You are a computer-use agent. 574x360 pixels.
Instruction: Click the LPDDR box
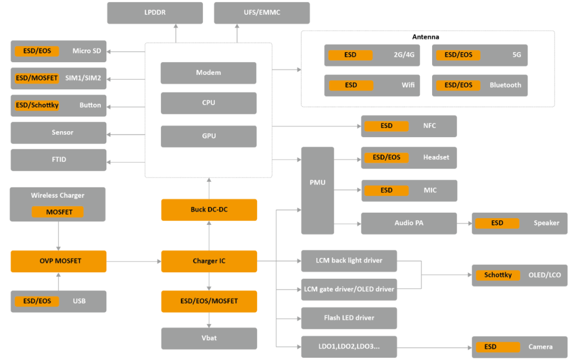point(155,13)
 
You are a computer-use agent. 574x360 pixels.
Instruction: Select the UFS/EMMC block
point(261,13)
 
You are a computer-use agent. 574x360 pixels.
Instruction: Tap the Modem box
point(208,73)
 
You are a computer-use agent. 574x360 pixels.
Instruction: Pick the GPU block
point(209,136)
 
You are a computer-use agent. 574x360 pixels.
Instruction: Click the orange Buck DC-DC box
point(209,210)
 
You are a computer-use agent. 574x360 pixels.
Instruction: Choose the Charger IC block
point(209,261)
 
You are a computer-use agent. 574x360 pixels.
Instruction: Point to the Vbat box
point(209,338)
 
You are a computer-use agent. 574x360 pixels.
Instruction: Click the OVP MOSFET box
point(58,261)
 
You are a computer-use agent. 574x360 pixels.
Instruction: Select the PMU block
point(317,190)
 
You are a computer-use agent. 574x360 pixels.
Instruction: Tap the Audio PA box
point(409,223)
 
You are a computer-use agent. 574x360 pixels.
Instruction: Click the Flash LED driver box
point(349,318)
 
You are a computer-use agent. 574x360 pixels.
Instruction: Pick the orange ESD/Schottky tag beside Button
point(37,105)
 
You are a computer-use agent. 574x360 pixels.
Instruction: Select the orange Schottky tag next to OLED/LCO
point(498,275)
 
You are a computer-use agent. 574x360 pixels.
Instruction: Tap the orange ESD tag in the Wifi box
point(351,85)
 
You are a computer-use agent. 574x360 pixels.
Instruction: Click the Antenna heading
point(425,37)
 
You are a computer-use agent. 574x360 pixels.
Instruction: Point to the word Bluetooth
point(505,85)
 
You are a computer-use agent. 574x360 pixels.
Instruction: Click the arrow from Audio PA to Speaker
point(464,223)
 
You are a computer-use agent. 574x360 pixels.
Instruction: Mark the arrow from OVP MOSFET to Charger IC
point(134,262)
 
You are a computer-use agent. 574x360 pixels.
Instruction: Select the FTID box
point(58,160)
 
